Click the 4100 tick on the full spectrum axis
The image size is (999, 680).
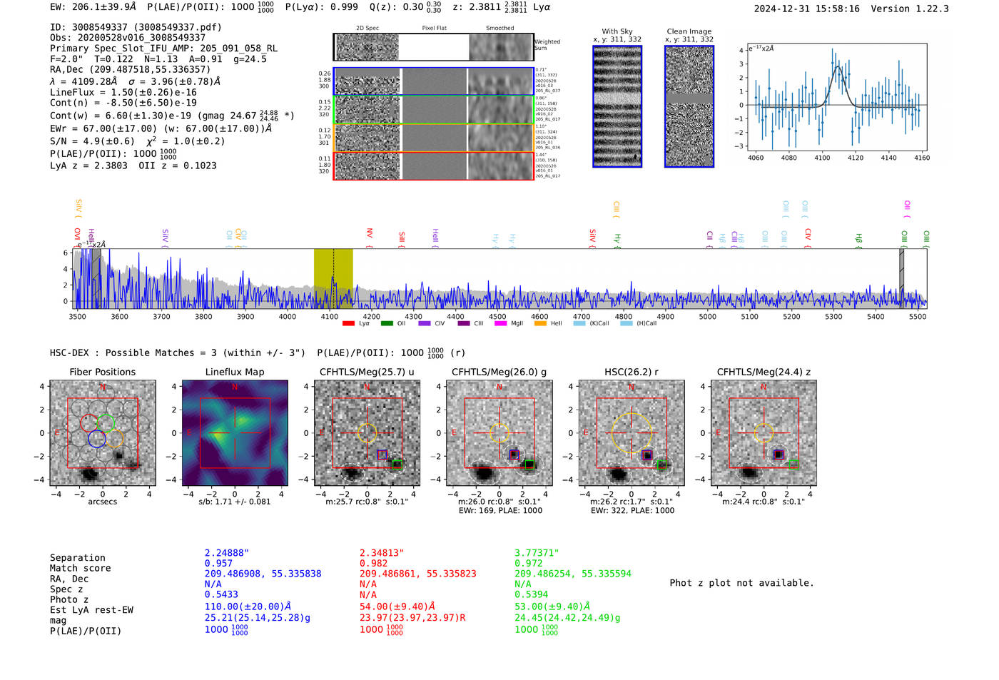point(329,316)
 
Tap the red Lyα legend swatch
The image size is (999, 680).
point(348,324)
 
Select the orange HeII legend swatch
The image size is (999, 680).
point(540,324)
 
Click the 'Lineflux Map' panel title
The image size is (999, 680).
point(234,372)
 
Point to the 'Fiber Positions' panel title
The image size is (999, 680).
point(102,372)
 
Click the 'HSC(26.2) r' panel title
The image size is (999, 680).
point(631,372)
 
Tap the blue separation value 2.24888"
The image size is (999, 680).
point(226,553)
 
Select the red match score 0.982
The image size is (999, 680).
point(374,564)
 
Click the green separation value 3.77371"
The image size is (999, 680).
point(536,553)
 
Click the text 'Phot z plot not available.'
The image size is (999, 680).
point(741,583)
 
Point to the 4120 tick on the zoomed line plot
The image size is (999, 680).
point(855,158)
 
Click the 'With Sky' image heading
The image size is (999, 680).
point(617,31)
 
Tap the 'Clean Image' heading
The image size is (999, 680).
point(689,31)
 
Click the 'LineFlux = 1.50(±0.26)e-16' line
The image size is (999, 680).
point(123,92)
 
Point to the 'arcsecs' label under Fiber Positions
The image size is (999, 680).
point(102,502)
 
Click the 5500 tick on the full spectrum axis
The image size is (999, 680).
point(917,316)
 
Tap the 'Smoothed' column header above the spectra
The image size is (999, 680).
point(499,29)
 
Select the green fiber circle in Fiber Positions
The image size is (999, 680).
point(106,422)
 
